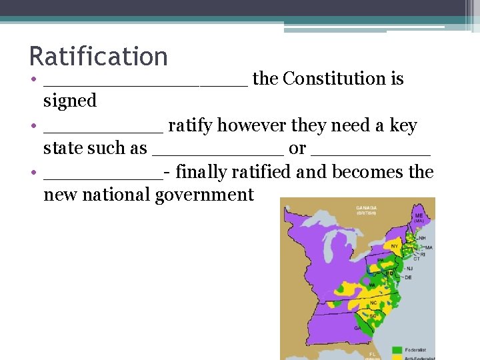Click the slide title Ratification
point(98,56)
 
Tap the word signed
point(70,101)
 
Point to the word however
point(245,125)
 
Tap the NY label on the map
point(395,246)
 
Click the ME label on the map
point(419,216)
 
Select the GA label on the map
point(359,328)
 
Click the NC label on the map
point(373,303)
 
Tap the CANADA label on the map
point(367,207)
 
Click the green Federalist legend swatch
point(397,349)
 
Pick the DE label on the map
point(408,277)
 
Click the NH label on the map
point(421,237)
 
